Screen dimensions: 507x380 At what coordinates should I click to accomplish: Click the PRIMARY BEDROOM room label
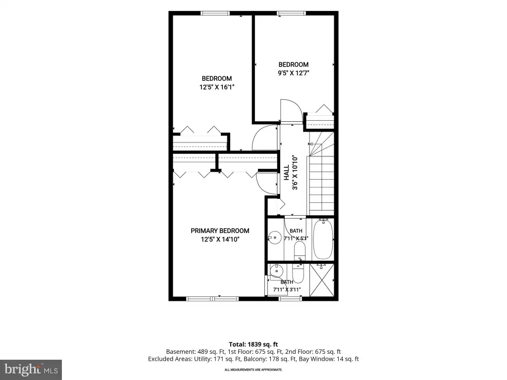220,231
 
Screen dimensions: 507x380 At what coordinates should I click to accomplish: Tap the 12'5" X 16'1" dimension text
217,87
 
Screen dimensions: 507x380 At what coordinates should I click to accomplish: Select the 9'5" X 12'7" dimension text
294,73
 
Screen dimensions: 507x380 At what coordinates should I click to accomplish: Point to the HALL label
287,173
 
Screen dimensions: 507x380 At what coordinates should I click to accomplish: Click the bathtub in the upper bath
323,239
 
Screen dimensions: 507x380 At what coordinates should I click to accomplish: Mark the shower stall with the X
321,280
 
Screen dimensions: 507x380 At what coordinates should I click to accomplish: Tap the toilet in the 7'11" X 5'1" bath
300,250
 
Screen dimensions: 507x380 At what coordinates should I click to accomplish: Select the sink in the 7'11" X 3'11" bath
276,271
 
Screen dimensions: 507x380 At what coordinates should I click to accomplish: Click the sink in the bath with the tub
275,238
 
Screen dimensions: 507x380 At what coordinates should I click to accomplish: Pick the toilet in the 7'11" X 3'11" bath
298,273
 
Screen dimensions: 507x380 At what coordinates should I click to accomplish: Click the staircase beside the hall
321,173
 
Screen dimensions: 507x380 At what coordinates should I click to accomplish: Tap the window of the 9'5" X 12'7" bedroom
291,13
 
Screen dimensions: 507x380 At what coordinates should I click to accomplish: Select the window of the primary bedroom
212,299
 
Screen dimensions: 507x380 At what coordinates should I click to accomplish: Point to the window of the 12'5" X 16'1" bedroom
215,13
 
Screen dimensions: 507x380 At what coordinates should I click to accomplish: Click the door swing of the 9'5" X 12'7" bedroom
292,111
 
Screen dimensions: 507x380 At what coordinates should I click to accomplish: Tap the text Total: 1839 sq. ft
253,344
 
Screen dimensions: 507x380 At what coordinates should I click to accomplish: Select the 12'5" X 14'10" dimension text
220,239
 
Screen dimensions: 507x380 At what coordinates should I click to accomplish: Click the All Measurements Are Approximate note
253,370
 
